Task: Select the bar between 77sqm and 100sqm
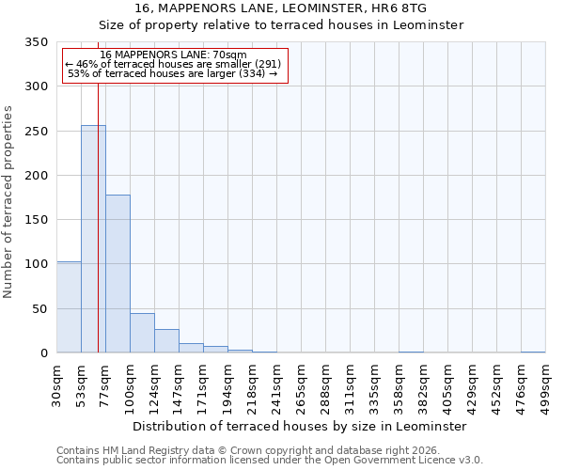(x=117, y=274)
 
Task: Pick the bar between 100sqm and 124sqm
(x=142, y=333)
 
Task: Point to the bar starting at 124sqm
(x=166, y=341)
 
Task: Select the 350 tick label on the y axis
(x=37, y=42)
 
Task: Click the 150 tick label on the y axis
(x=37, y=220)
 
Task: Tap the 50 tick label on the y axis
(x=40, y=308)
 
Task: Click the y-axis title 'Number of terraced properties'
(x=9, y=202)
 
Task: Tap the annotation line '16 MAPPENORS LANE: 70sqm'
(x=173, y=55)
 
